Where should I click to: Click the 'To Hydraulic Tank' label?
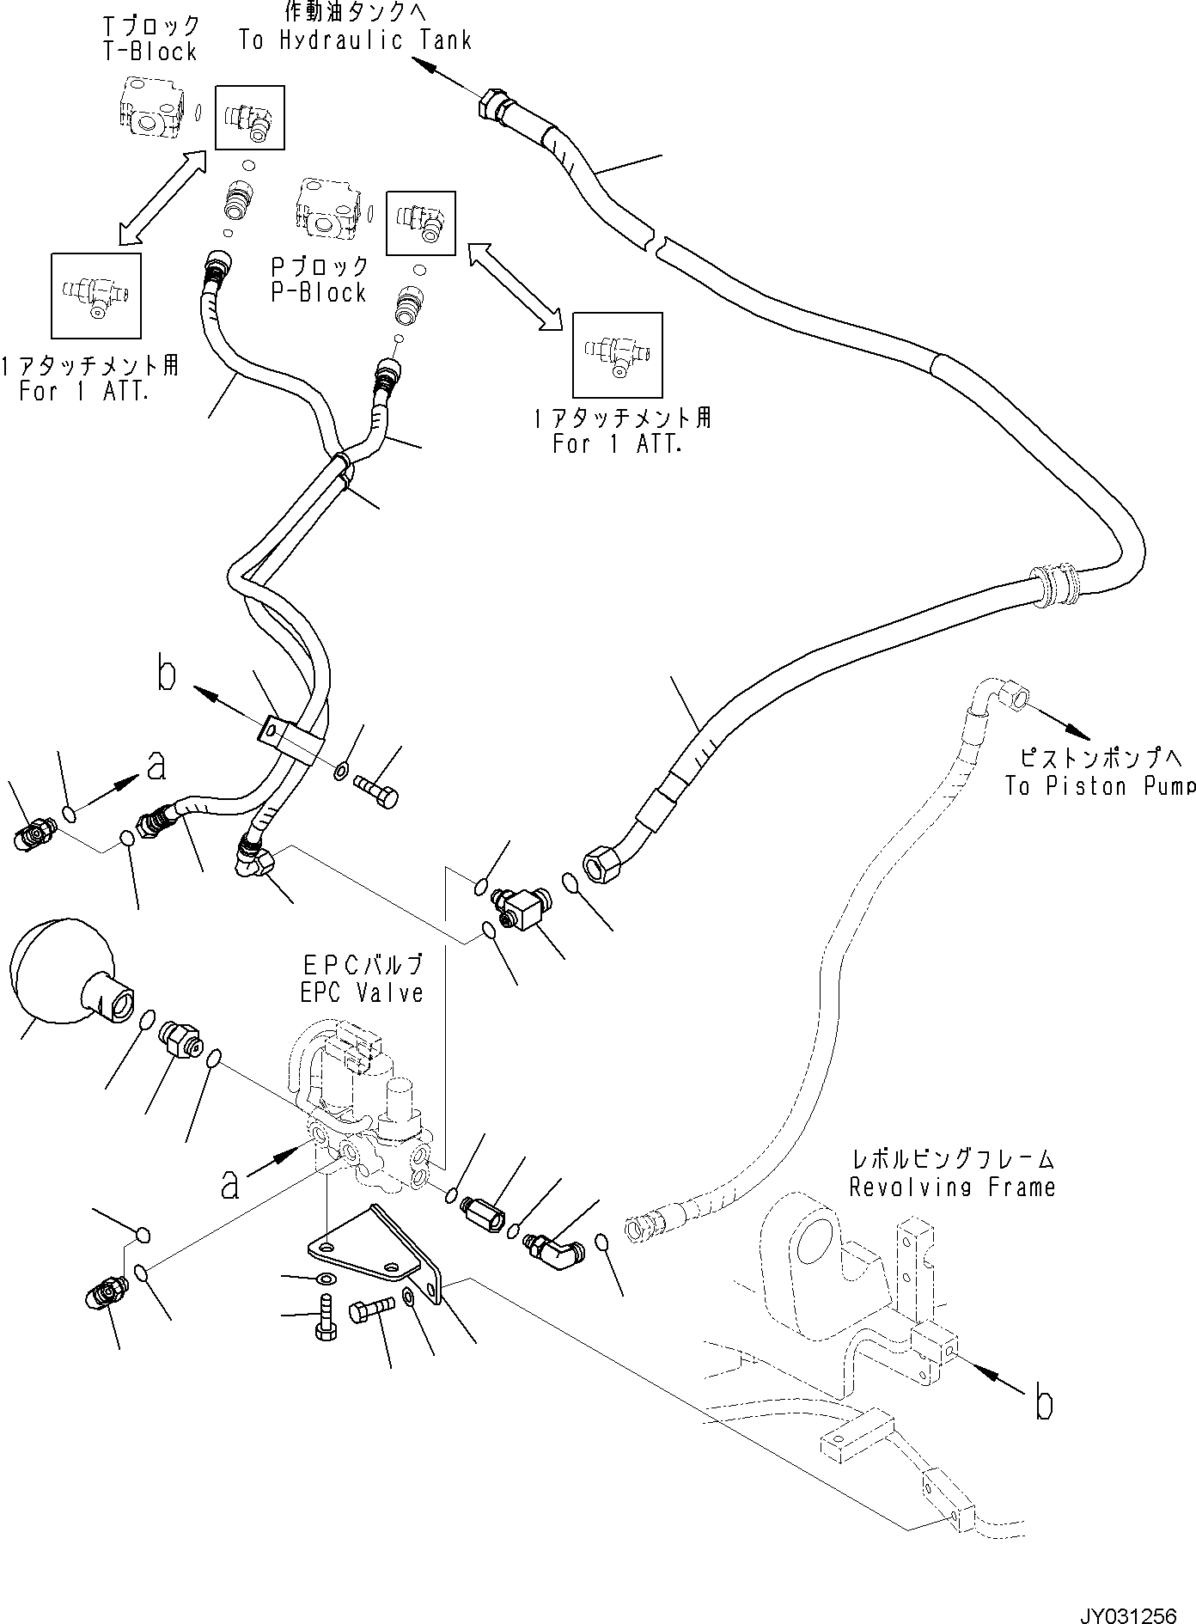click(355, 40)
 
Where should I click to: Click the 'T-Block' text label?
click(150, 52)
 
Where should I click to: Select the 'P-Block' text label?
click(319, 292)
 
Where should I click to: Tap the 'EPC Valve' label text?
click(362, 992)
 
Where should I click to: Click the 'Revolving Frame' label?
click(952, 1187)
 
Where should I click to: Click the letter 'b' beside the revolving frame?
click(1042, 1404)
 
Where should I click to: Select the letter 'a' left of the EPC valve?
click(229, 1185)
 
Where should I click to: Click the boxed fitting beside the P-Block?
click(420, 223)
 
